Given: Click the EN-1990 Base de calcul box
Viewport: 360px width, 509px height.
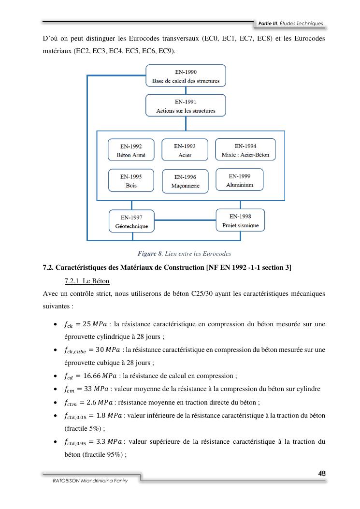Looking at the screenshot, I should pyautogui.click(x=186, y=76).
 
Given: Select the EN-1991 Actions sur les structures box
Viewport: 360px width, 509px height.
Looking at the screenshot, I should pyautogui.click(x=186, y=106).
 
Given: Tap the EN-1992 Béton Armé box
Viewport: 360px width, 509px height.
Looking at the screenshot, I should pyautogui.click(x=131, y=150).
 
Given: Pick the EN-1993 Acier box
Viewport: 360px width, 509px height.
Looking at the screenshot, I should pyautogui.click(x=185, y=150).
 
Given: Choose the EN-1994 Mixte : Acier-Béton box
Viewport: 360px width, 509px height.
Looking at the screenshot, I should pyautogui.click(x=245, y=150).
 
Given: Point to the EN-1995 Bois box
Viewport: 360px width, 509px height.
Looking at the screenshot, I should pyautogui.click(x=131, y=180).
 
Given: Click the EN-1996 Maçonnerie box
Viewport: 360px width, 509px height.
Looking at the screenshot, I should pyautogui.click(x=185, y=181).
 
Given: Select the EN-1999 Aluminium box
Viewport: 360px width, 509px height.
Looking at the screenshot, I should pyautogui.click(x=239, y=180).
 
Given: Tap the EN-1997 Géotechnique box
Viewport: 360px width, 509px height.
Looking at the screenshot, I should pyautogui.click(x=131, y=221).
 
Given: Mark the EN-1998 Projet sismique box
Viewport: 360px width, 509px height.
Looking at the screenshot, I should pyautogui.click(x=240, y=220).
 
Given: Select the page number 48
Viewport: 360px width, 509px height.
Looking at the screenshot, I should pyautogui.click(x=321, y=473).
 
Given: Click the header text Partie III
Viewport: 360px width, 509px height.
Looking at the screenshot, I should pyautogui.click(x=269, y=23).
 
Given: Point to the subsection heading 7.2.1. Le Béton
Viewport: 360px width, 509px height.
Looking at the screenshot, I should pyautogui.click(x=87, y=281).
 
